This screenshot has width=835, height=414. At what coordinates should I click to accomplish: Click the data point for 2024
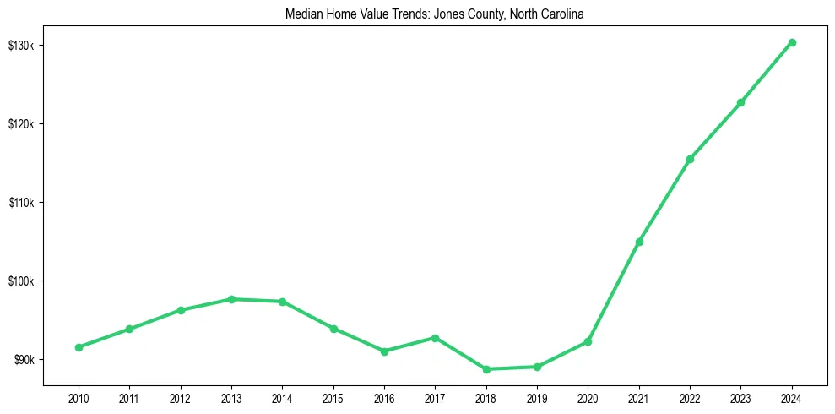[x=792, y=42]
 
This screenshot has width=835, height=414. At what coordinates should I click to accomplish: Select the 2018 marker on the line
[x=486, y=369]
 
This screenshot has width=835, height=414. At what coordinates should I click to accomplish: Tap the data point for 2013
[x=231, y=299]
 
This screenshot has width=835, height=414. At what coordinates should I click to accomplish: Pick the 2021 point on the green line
[x=639, y=242]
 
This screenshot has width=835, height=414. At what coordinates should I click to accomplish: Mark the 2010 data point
[x=79, y=347]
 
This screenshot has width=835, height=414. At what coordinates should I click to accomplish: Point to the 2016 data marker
[x=384, y=351]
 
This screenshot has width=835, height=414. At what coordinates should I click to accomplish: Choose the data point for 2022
[x=690, y=159]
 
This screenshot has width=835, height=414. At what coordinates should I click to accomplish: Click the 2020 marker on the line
[x=588, y=341]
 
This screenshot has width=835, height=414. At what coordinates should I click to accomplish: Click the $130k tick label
[x=22, y=45]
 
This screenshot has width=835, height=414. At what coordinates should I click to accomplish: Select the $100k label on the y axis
[x=22, y=281]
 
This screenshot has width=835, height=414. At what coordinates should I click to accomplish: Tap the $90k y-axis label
[x=24, y=360]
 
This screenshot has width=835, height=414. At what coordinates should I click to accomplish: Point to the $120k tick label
[x=22, y=123]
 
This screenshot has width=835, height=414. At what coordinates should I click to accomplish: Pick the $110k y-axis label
[x=22, y=203]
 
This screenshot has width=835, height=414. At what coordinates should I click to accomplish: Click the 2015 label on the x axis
[x=333, y=397]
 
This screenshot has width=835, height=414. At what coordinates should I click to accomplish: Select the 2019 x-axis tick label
[x=537, y=397]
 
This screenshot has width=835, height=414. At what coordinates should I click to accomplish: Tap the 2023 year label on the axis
[x=740, y=397]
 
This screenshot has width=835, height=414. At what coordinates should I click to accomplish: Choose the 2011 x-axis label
[x=129, y=397]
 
